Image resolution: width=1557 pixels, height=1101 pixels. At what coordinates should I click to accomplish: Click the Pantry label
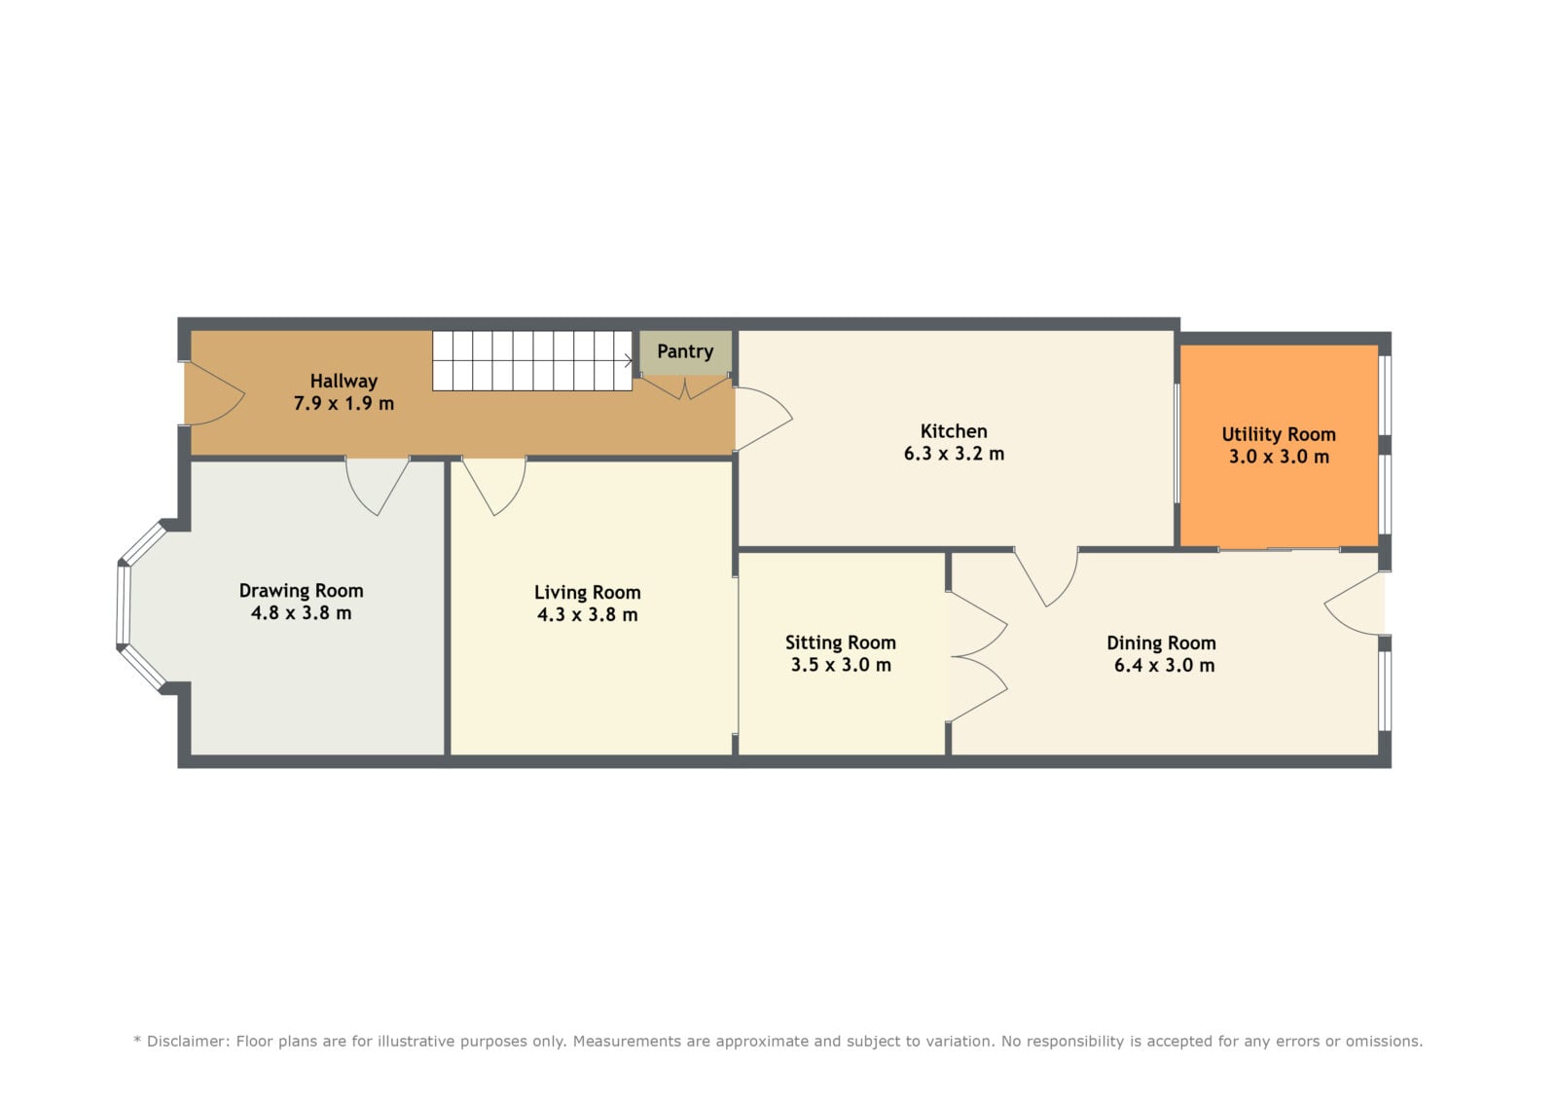pos(685,352)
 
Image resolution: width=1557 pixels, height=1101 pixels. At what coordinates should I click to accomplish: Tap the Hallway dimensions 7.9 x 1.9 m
pos(344,403)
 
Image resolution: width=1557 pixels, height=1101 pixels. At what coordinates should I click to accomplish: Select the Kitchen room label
pos(953,431)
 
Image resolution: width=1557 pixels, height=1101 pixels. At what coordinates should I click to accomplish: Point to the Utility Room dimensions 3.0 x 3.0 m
pos(1279,457)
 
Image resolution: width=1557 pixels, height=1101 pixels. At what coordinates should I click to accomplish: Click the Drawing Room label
pos(301,591)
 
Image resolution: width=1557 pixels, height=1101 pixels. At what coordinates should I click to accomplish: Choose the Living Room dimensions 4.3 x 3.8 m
pos(587,615)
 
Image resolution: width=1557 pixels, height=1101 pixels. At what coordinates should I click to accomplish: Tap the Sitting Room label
pos(841,642)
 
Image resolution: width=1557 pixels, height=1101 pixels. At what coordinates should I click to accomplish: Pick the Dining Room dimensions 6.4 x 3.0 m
pos(1164,666)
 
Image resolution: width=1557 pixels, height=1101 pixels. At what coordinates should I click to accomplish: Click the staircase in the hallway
pos(532,360)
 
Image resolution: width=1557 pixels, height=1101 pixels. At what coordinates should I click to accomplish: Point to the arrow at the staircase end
pos(629,360)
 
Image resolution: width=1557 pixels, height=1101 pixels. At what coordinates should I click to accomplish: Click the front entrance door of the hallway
pos(214,393)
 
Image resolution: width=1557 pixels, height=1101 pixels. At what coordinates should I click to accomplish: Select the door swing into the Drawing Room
pos(378,486)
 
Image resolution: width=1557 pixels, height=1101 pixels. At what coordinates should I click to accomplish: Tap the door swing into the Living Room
pos(494,486)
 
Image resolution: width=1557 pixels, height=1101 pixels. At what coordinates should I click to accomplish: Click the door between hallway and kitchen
pos(763,418)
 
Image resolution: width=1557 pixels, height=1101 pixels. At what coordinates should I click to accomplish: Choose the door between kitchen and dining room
pos(1046,576)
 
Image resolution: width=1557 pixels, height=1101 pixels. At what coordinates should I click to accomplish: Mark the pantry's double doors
pos(685,387)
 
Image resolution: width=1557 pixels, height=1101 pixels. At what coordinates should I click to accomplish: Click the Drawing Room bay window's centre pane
pos(123,605)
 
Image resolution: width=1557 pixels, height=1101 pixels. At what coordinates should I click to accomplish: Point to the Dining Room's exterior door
pos(1354,603)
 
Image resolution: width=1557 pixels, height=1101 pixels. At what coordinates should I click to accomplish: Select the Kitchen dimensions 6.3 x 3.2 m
pos(954,455)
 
